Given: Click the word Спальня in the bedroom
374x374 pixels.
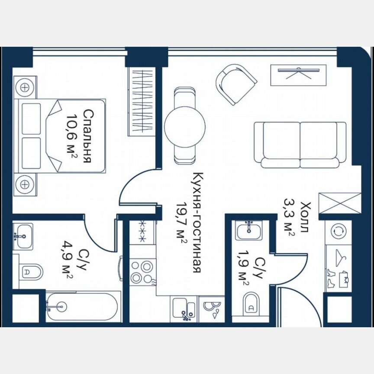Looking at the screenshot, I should (87, 136).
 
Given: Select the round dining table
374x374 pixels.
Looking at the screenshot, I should (185, 126).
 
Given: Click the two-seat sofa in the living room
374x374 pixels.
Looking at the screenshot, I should (300, 145).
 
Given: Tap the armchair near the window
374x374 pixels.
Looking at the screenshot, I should (236, 84).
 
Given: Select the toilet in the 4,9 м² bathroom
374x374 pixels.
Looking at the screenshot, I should (32, 272).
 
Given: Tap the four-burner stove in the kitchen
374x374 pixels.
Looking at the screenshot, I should (142, 271).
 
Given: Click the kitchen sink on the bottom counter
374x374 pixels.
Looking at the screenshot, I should (184, 309).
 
